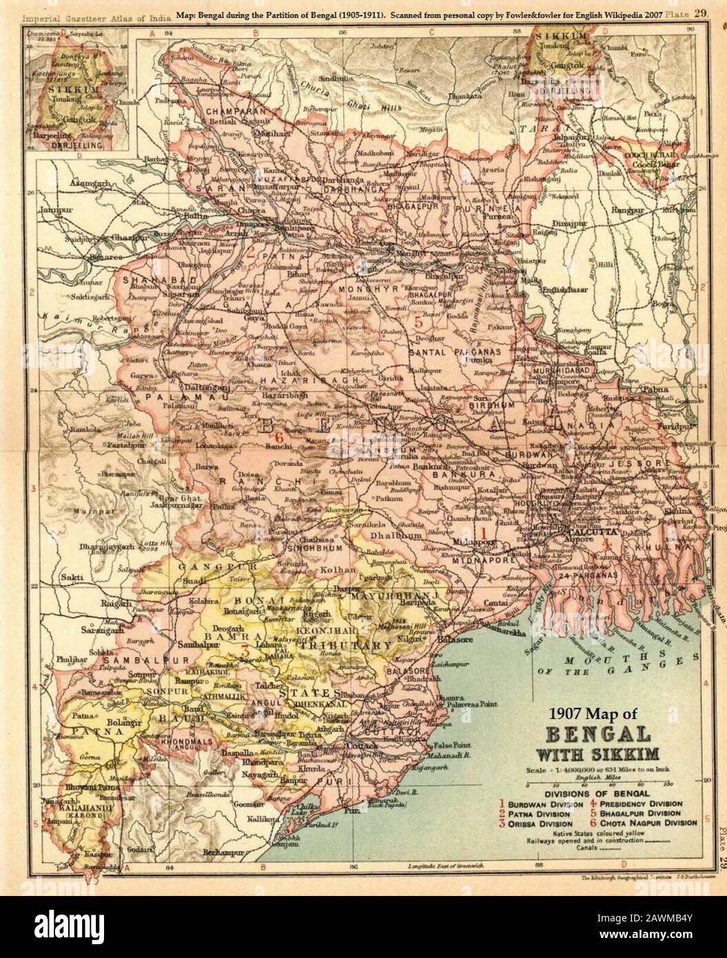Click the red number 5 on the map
pos(418,320)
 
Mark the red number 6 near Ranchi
pos(279,437)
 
